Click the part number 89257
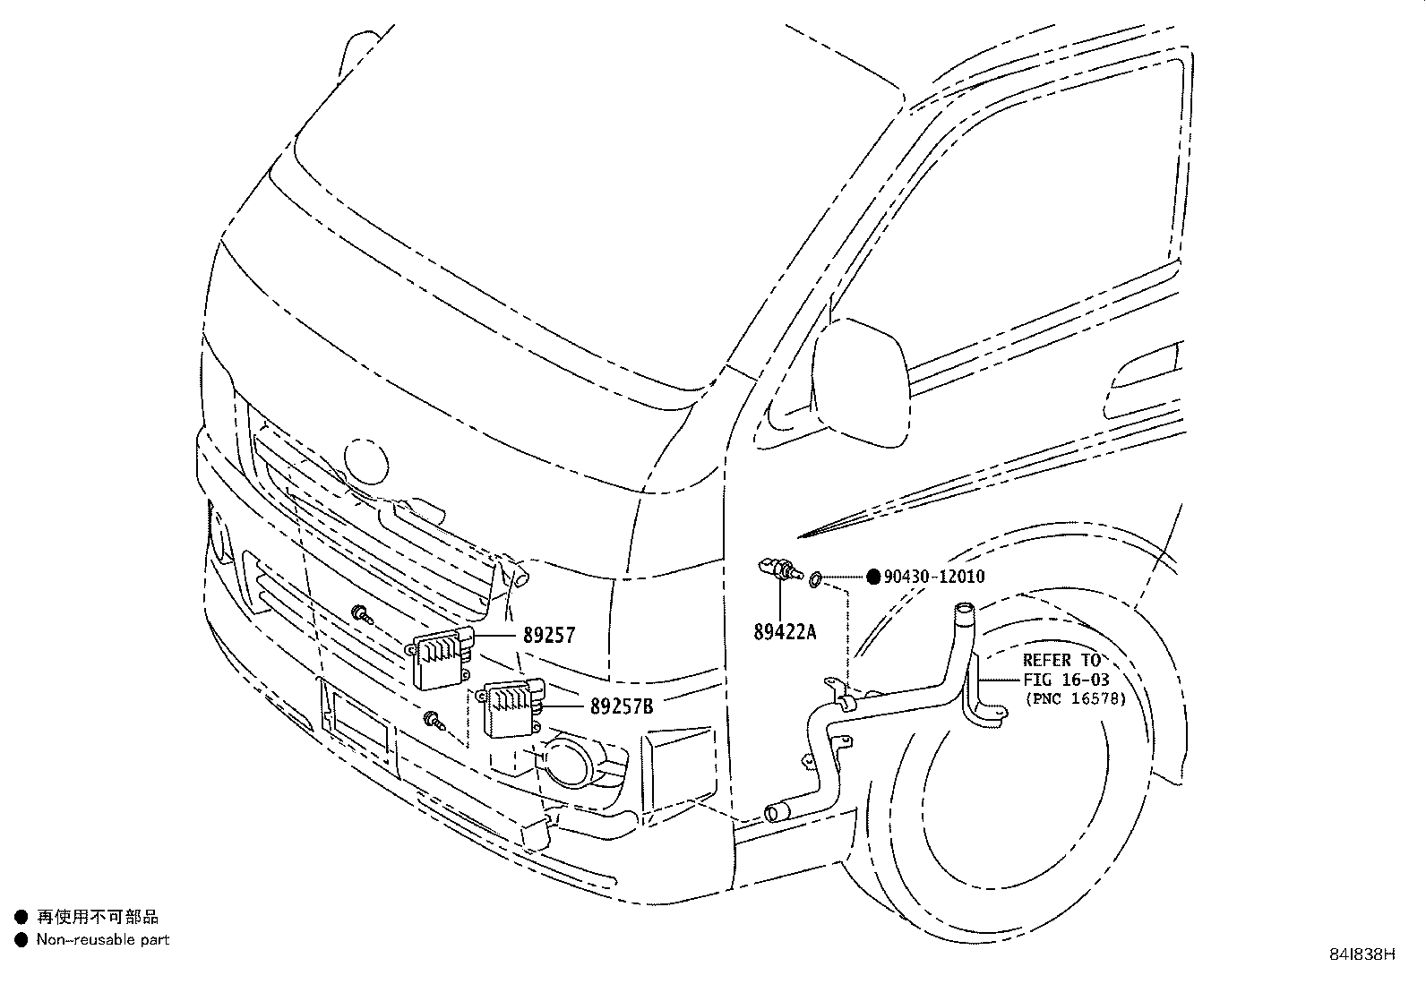[549, 636]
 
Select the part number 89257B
[621, 707]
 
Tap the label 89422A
[785, 632]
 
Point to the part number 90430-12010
[934, 577]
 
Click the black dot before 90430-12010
[873, 577]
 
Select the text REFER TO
[1061, 661]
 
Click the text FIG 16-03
[1066, 680]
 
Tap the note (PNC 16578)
[1075, 699]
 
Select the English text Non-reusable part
[102, 940]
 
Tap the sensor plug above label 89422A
[778, 569]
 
